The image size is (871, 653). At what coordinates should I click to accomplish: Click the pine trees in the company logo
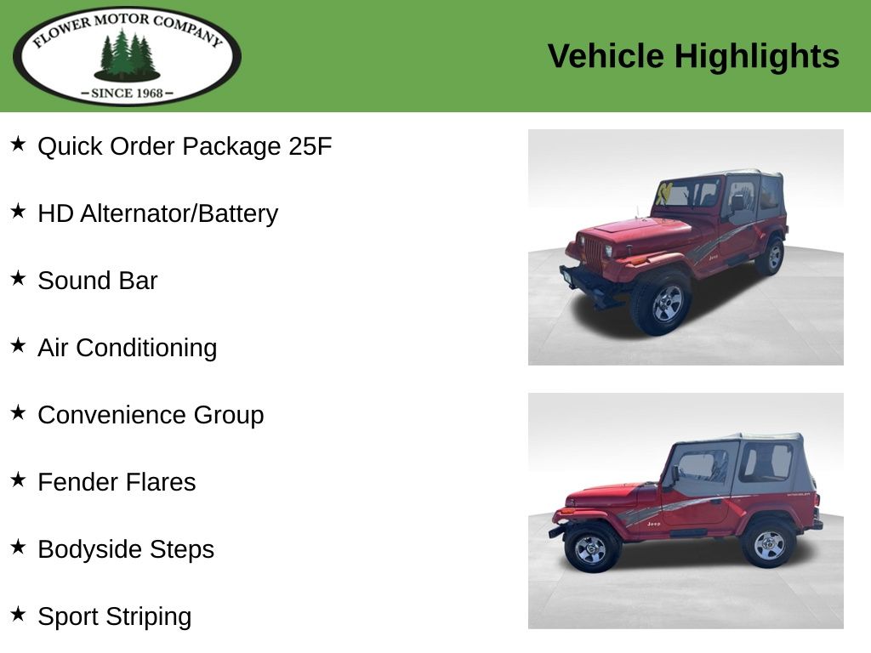click(x=128, y=54)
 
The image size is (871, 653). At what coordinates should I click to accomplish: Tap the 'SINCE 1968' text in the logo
click(x=128, y=93)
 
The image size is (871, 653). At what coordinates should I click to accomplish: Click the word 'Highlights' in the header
click(x=756, y=56)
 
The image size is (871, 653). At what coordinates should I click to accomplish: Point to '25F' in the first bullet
click(x=310, y=146)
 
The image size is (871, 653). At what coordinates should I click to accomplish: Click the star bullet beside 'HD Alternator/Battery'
click(x=19, y=211)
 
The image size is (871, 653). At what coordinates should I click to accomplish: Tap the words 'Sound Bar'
click(x=97, y=281)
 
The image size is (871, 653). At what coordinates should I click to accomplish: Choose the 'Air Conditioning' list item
click(x=128, y=349)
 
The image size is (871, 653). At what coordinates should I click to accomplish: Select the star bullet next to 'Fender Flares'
click(x=19, y=480)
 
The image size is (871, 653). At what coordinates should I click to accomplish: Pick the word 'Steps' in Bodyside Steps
click(x=182, y=550)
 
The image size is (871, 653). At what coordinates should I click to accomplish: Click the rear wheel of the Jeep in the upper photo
click(x=771, y=255)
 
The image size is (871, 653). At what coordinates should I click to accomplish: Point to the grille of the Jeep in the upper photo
click(x=592, y=253)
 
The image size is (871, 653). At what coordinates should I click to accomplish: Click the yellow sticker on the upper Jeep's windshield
click(x=663, y=193)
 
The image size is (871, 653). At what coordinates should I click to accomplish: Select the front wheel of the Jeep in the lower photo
click(x=591, y=548)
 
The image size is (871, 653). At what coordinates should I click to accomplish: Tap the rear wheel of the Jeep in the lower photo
click(x=769, y=545)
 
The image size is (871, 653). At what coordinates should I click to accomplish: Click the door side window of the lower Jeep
click(x=703, y=467)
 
